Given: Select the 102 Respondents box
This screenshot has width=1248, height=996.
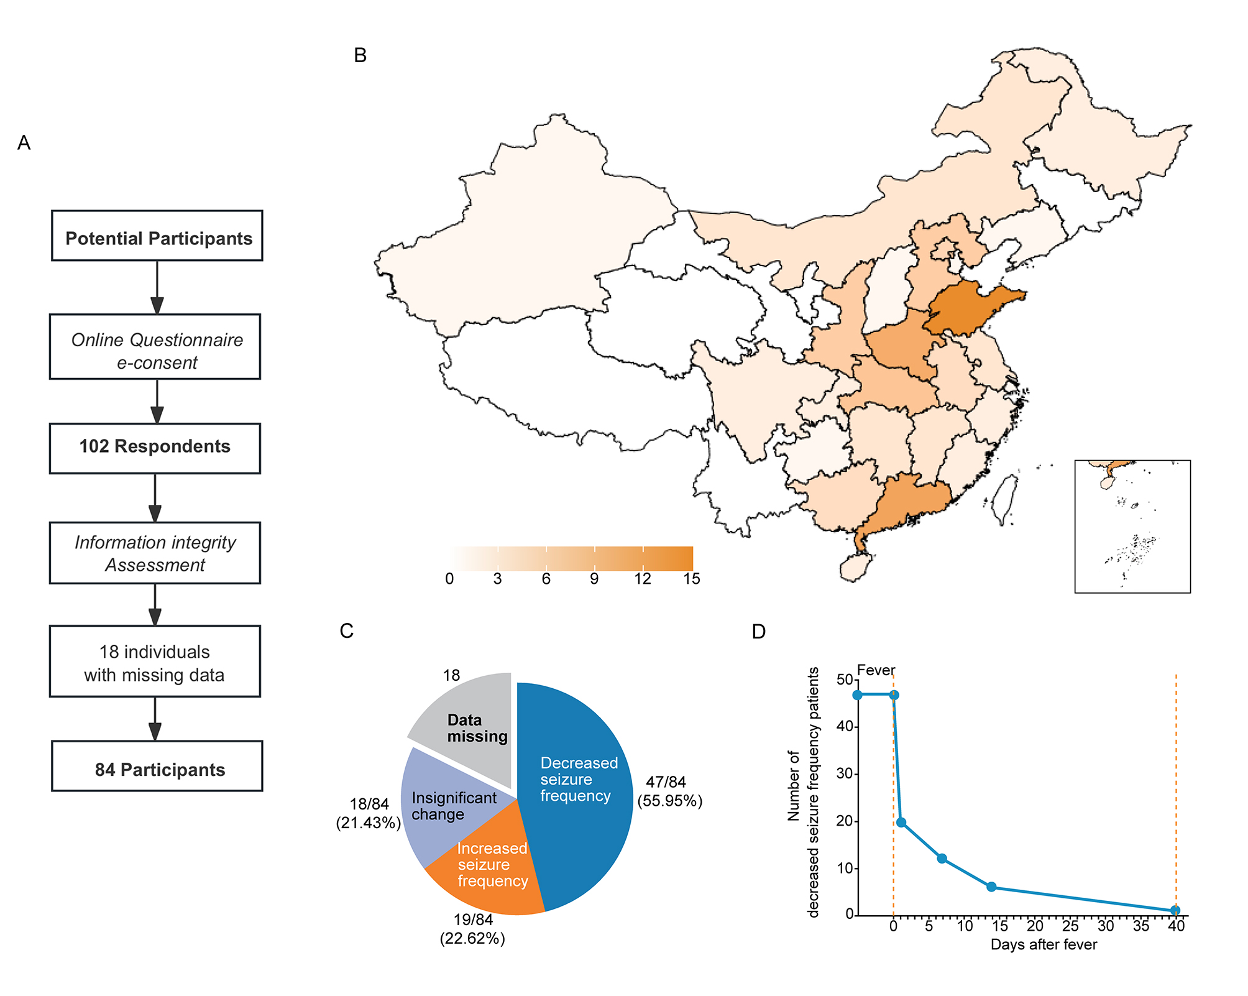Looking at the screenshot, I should coord(155,448).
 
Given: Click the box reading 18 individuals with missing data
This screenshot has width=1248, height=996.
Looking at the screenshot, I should coord(155,662).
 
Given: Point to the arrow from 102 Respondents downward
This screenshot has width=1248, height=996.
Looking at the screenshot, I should coord(155,497).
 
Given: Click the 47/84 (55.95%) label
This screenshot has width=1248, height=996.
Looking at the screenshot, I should coord(669,791).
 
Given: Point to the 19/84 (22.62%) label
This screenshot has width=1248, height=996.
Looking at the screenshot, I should coord(472,929).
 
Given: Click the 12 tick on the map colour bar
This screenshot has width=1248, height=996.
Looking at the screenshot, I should coord(643,578).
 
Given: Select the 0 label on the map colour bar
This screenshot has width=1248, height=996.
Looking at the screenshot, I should coord(449,578).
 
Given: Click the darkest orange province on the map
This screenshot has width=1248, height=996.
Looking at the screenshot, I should coord(970,308).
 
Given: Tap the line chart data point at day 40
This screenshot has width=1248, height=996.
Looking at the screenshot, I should coord(1175,910).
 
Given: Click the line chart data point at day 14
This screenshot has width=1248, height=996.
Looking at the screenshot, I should coord(991,887).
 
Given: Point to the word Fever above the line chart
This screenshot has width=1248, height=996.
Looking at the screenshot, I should coord(876,670).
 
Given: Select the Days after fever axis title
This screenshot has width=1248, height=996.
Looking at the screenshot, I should coord(1044,944).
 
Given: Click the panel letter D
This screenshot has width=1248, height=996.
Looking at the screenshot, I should coord(758,632).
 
